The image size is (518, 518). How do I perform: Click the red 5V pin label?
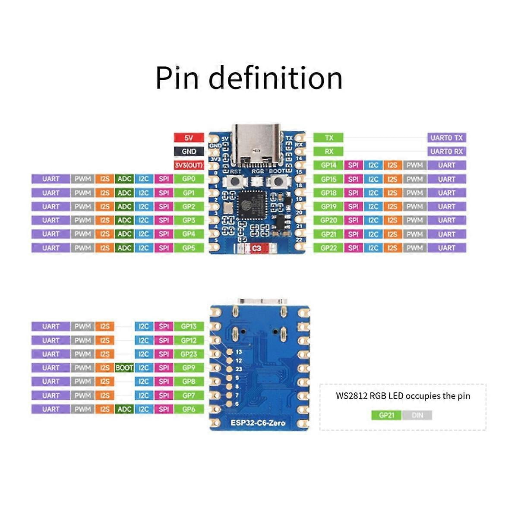189,138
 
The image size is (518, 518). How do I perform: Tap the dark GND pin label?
189,152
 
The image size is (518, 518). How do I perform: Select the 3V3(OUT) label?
189,165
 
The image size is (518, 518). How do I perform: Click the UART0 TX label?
447,138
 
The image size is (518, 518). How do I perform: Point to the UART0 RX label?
447,152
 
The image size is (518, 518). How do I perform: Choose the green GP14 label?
328,165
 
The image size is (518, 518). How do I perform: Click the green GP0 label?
189,179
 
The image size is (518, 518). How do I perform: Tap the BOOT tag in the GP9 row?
124,368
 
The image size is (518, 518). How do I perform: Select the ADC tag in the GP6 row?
124,409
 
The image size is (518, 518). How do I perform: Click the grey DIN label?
417,415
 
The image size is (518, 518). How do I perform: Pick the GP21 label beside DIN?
386,415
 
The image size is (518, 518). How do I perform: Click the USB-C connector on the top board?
257,145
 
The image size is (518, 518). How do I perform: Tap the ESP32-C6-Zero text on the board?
258,423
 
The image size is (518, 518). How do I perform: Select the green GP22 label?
328,248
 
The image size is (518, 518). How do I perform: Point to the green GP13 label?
189,326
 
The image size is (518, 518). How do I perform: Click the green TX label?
328,138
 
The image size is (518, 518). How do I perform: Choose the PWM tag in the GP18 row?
414,193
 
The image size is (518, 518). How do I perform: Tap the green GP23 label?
189,354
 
